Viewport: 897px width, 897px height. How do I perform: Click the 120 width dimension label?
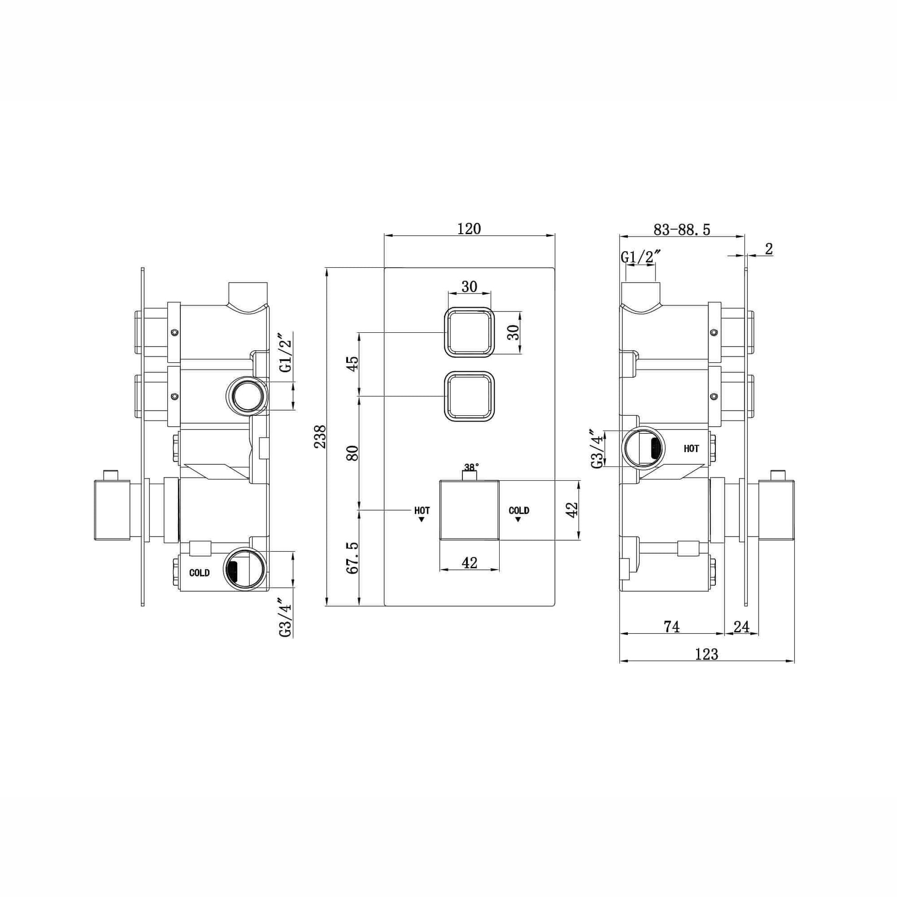(x=469, y=229)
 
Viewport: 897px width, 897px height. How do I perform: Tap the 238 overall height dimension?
(x=320, y=437)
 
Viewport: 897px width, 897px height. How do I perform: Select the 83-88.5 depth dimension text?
(x=682, y=230)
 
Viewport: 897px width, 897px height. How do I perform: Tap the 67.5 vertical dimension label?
(x=353, y=557)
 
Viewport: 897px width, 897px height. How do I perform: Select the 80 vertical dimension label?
(x=353, y=453)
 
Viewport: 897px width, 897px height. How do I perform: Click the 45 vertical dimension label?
(x=353, y=364)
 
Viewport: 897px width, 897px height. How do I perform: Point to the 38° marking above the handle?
(x=471, y=466)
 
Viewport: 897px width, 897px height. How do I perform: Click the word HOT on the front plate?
(x=422, y=510)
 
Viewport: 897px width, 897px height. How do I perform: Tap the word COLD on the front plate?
(x=519, y=510)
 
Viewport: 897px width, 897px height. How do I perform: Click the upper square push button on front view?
(x=469, y=332)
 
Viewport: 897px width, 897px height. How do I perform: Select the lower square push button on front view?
(x=469, y=396)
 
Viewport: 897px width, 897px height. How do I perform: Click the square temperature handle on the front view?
(x=469, y=511)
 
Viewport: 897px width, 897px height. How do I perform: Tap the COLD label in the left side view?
(x=199, y=573)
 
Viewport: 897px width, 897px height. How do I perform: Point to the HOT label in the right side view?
(x=691, y=448)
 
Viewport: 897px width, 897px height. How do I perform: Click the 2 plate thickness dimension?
(x=768, y=249)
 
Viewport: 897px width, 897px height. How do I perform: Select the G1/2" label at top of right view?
(x=641, y=257)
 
